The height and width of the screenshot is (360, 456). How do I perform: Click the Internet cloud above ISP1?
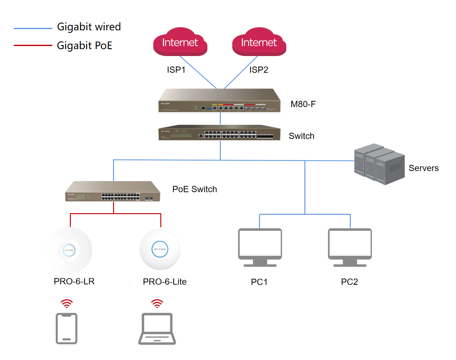pyautogui.click(x=180, y=42)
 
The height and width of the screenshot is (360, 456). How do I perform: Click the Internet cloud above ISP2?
pyautogui.click(x=259, y=42)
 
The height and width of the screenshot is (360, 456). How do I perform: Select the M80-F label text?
pyautogui.click(x=303, y=104)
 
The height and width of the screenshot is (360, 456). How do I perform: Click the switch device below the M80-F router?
pyautogui.click(x=219, y=133)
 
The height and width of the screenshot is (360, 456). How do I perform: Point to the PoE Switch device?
pyautogui.click(x=113, y=192)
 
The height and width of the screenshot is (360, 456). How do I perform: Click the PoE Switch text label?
pyautogui.click(x=194, y=189)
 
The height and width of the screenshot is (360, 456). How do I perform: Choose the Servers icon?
pyautogui.click(x=379, y=164)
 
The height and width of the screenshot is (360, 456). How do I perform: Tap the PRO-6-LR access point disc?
pyautogui.click(x=69, y=250)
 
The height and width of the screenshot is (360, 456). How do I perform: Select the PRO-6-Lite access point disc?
pyautogui.click(x=160, y=249)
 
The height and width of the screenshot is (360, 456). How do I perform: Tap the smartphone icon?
pyautogui.click(x=66, y=328)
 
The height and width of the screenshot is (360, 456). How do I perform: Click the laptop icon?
pyautogui.click(x=157, y=329)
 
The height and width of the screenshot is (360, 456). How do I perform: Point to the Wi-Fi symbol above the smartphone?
pyautogui.click(x=67, y=303)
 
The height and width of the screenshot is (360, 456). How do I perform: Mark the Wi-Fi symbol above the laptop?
pyautogui.click(x=157, y=303)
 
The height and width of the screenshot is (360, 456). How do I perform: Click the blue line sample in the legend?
pyautogui.click(x=33, y=28)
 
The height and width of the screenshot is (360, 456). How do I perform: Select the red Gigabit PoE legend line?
pyautogui.click(x=33, y=45)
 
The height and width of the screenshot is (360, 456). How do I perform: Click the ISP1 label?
pyautogui.click(x=176, y=70)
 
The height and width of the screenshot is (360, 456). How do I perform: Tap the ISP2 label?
pyautogui.click(x=259, y=70)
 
